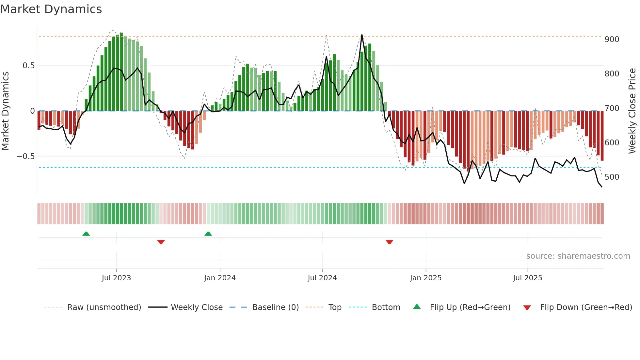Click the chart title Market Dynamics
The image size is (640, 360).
click(x=51, y=9)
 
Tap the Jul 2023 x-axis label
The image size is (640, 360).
click(x=116, y=278)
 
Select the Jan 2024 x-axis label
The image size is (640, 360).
click(x=220, y=278)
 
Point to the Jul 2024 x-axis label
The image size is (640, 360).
click(x=322, y=278)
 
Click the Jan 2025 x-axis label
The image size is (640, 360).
click(x=426, y=278)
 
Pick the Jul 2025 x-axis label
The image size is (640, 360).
click(x=528, y=278)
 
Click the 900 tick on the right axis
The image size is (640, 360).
click(x=612, y=40)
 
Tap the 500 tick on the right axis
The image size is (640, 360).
click(x=612, y=177)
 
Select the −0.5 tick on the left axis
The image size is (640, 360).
click(x=26, y=156)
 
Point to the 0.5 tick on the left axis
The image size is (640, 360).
click(x=28, y=66)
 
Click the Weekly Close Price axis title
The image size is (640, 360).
click(x=632, y=111)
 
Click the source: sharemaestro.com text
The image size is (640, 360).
click(x=578, y=256)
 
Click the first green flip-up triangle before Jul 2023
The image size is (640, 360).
click(x=86, y=234)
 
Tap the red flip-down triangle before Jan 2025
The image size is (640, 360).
click(x=389, y=242)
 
